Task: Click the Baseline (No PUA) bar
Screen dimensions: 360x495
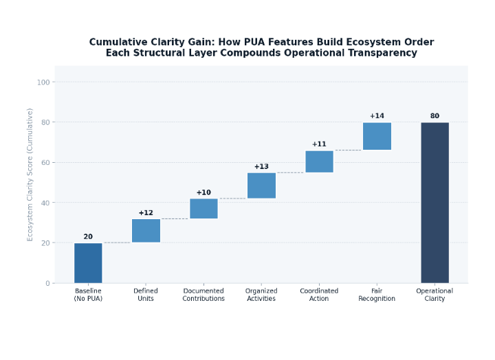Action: point(88,262)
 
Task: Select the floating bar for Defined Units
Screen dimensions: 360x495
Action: point(146,231)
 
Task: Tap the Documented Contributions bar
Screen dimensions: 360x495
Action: point(203,208)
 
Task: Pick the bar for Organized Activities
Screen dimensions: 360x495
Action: point(261,185)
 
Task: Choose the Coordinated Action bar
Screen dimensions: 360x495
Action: point(319,161)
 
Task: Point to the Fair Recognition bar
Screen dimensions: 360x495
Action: point(377,136)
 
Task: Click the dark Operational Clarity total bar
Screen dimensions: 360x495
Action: point(434,203)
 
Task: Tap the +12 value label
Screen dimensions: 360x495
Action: point(146,213)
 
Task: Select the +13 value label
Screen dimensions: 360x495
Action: point(261,167)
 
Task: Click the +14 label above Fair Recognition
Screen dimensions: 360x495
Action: point(377,116)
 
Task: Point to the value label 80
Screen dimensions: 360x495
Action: point(434,116)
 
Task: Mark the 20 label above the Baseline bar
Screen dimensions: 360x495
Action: point(88,237)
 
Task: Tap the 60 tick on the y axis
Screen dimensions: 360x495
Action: point(44,163)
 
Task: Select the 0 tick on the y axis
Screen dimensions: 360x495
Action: point(47,283)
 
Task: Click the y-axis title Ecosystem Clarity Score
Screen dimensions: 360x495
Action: point(30,175)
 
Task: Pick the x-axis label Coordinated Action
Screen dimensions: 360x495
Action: point(319,295)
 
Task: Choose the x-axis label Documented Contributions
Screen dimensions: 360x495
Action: point(203,295)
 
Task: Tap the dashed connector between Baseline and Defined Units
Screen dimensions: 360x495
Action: point(117,243)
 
